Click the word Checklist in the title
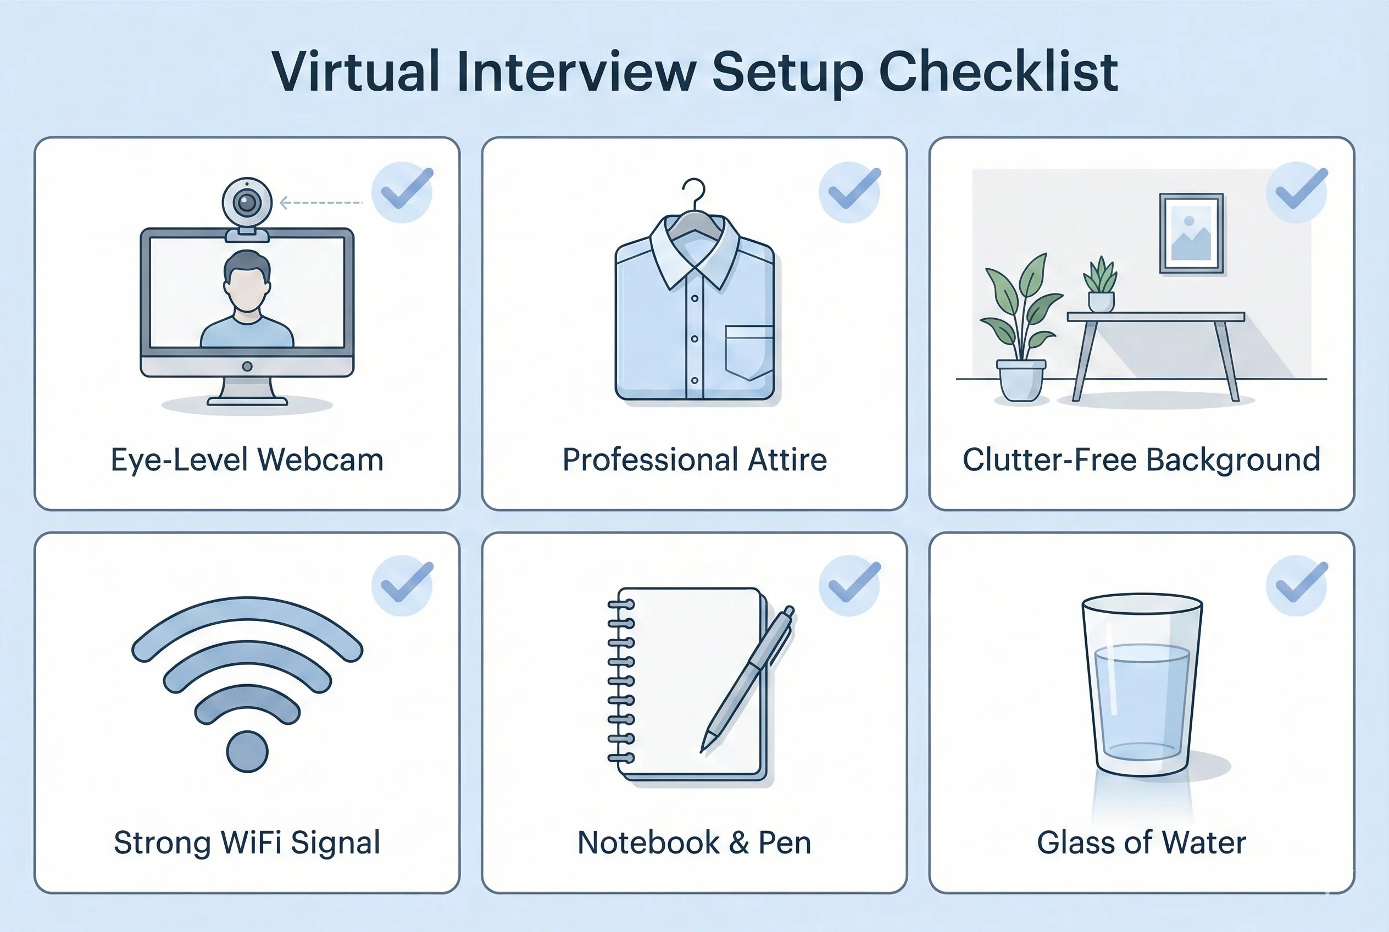(998, 72)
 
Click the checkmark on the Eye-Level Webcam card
(407, 188)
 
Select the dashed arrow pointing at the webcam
(321, 203)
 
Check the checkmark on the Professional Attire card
(854, 188)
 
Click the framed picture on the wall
(1192, 232)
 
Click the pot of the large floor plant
(1021, 380)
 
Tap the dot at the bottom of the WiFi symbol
(247, 751)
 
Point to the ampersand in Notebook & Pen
(739, 843)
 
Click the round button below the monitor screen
(247, 367)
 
